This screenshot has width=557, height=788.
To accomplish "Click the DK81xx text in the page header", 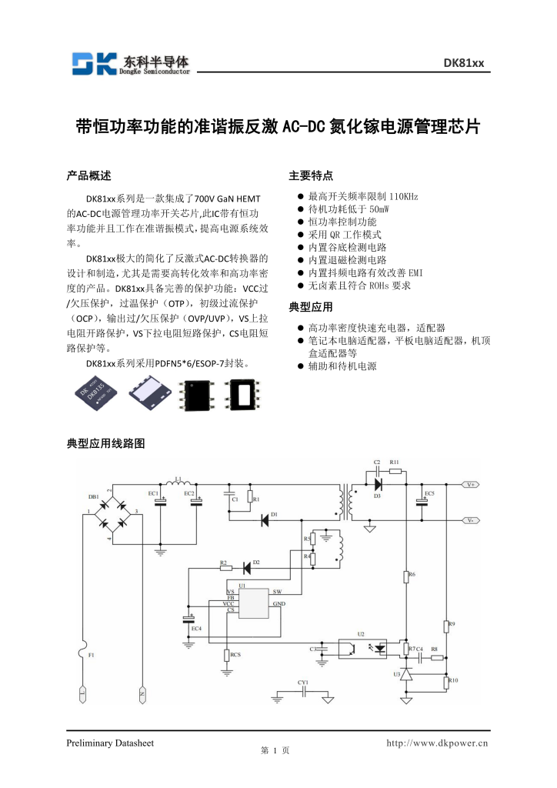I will click(463, 63).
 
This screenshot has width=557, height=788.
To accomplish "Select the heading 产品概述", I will click(89, 175).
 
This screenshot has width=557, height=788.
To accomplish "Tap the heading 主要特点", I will click(311, 175).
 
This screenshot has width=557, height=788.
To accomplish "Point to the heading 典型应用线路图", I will click(106, 443).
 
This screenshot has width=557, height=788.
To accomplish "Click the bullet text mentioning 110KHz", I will click(362, 196).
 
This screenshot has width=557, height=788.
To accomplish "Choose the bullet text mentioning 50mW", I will click(349, 209).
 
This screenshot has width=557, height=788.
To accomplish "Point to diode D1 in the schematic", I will click(265, 520).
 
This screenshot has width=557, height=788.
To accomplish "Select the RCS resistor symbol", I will click(227, 655).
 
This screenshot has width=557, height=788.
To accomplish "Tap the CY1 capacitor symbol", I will click(304, 691).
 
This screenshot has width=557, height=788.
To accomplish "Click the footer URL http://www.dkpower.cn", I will click(437, 743).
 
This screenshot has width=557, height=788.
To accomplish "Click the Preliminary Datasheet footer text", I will click(111, 743).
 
